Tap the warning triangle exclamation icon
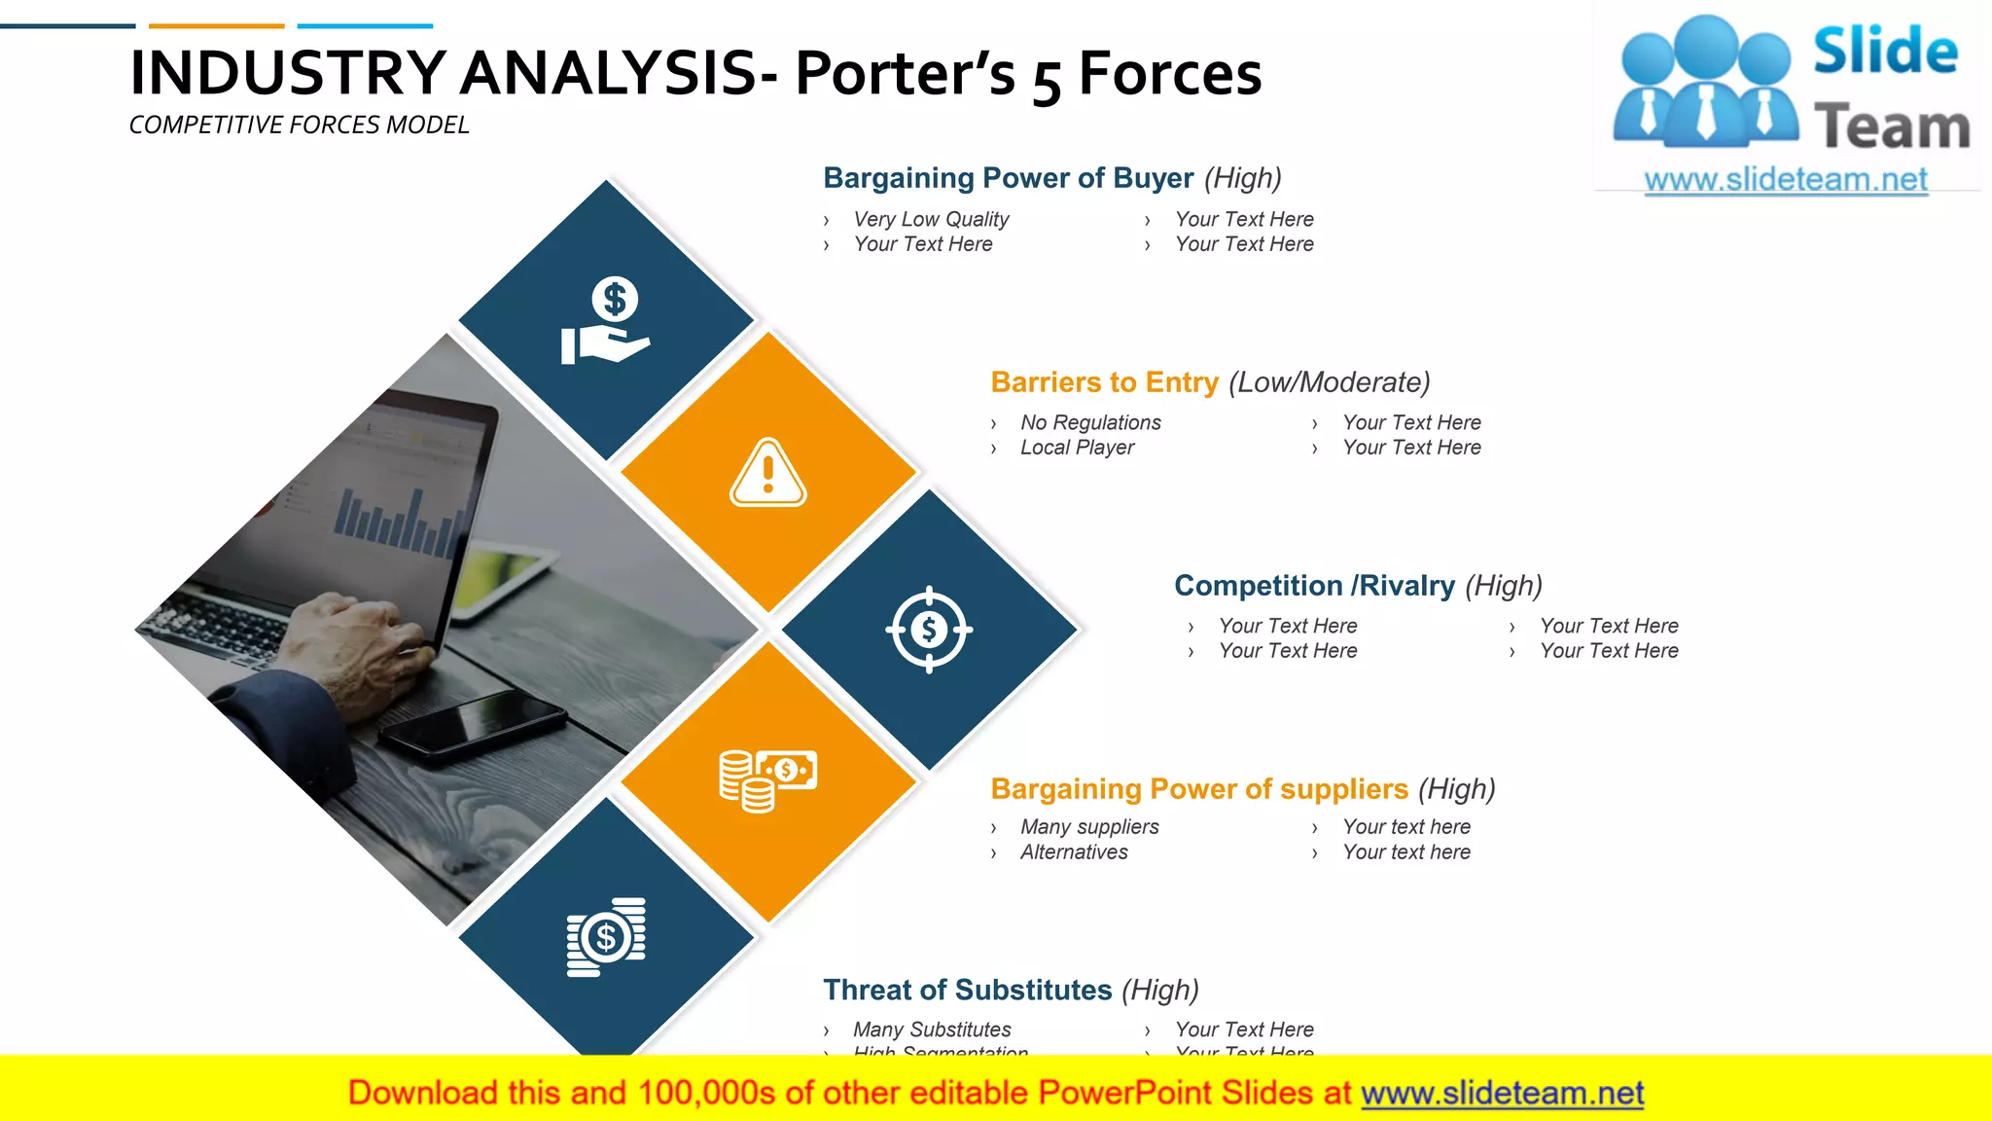(x=767, y=473)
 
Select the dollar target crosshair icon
(x=929, y=630)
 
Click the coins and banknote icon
(x=767, y=779)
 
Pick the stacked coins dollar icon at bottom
(x=606, y=936)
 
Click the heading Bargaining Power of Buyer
(x=1008, y=178)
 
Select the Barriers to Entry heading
(x=1104, y=382)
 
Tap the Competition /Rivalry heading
(x=1314, y=586)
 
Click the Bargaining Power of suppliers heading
(x=1198, y=789)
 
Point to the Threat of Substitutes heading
(x=967, y=991)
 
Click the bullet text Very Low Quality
(x=931, y=220)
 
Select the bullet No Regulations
(x=1090, y=423)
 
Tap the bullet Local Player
(x=1077, y=448)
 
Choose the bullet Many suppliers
(x=1089, y=827)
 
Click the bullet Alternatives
(x=1074, y=852)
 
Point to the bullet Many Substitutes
(x=932, y=1030)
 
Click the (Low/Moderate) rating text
(x=1329, y=382)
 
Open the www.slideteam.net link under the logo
(x=1786, y=180)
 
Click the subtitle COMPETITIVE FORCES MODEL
(x=299, y=126)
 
